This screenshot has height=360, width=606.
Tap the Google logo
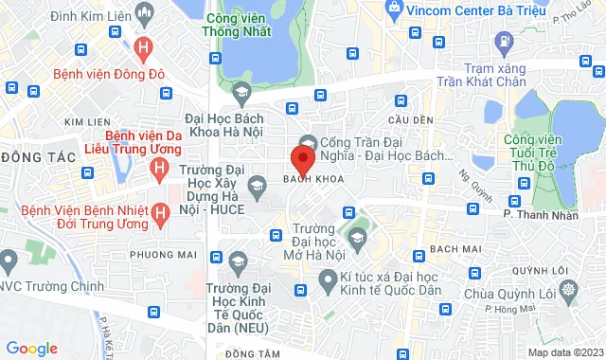[31, 349]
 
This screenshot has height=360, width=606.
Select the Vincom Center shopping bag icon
[395, 9]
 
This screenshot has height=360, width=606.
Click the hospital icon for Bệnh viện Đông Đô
[143, 45]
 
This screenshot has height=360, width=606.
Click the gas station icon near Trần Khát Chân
[504, 44]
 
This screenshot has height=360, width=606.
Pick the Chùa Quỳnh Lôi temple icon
[568, 289]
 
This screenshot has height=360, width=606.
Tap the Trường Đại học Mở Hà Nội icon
[357, 240]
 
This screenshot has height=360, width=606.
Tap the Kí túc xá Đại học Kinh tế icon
[328, 280]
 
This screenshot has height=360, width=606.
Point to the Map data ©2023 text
[564, 352]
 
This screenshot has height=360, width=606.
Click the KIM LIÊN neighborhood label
[86, 122]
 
